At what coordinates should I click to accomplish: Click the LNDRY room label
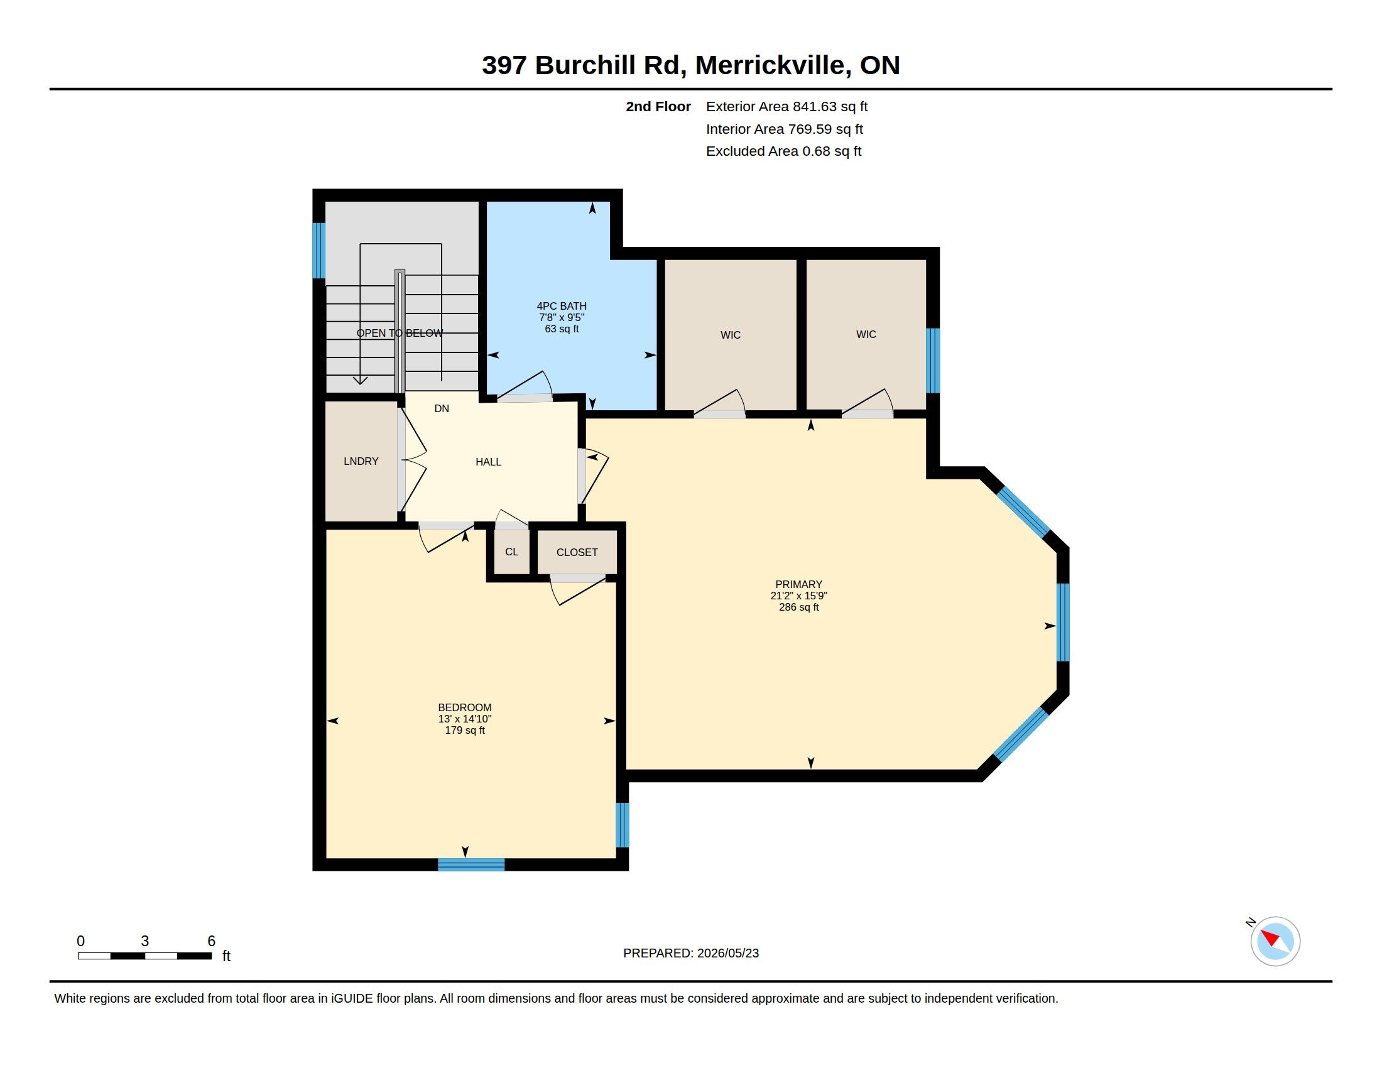[361, 461]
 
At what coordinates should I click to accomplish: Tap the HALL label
[488, 462]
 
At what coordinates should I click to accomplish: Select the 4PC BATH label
[561, 306]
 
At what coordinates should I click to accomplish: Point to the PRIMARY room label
[798, 584]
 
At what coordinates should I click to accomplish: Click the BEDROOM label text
[464, 707]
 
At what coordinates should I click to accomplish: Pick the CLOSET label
[577, 552]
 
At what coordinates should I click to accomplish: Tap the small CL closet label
[511, 552]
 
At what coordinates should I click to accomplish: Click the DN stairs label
[442, 409]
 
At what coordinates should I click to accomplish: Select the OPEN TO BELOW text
[400, 334]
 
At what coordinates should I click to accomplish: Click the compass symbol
[1275, 941]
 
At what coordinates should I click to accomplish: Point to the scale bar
[145, 956]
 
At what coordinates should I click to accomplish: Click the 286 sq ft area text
[798, 607]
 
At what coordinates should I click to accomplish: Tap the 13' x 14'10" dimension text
[464, 719]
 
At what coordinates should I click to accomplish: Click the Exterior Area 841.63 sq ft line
[786, 107]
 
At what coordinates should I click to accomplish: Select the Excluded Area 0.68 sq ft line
[783, 151]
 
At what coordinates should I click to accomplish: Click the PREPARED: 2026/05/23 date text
[691, 953]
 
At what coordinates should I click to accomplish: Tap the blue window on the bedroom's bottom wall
[471, 864]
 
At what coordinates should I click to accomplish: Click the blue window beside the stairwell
[319, 251]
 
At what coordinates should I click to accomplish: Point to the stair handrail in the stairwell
[400, 332]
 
